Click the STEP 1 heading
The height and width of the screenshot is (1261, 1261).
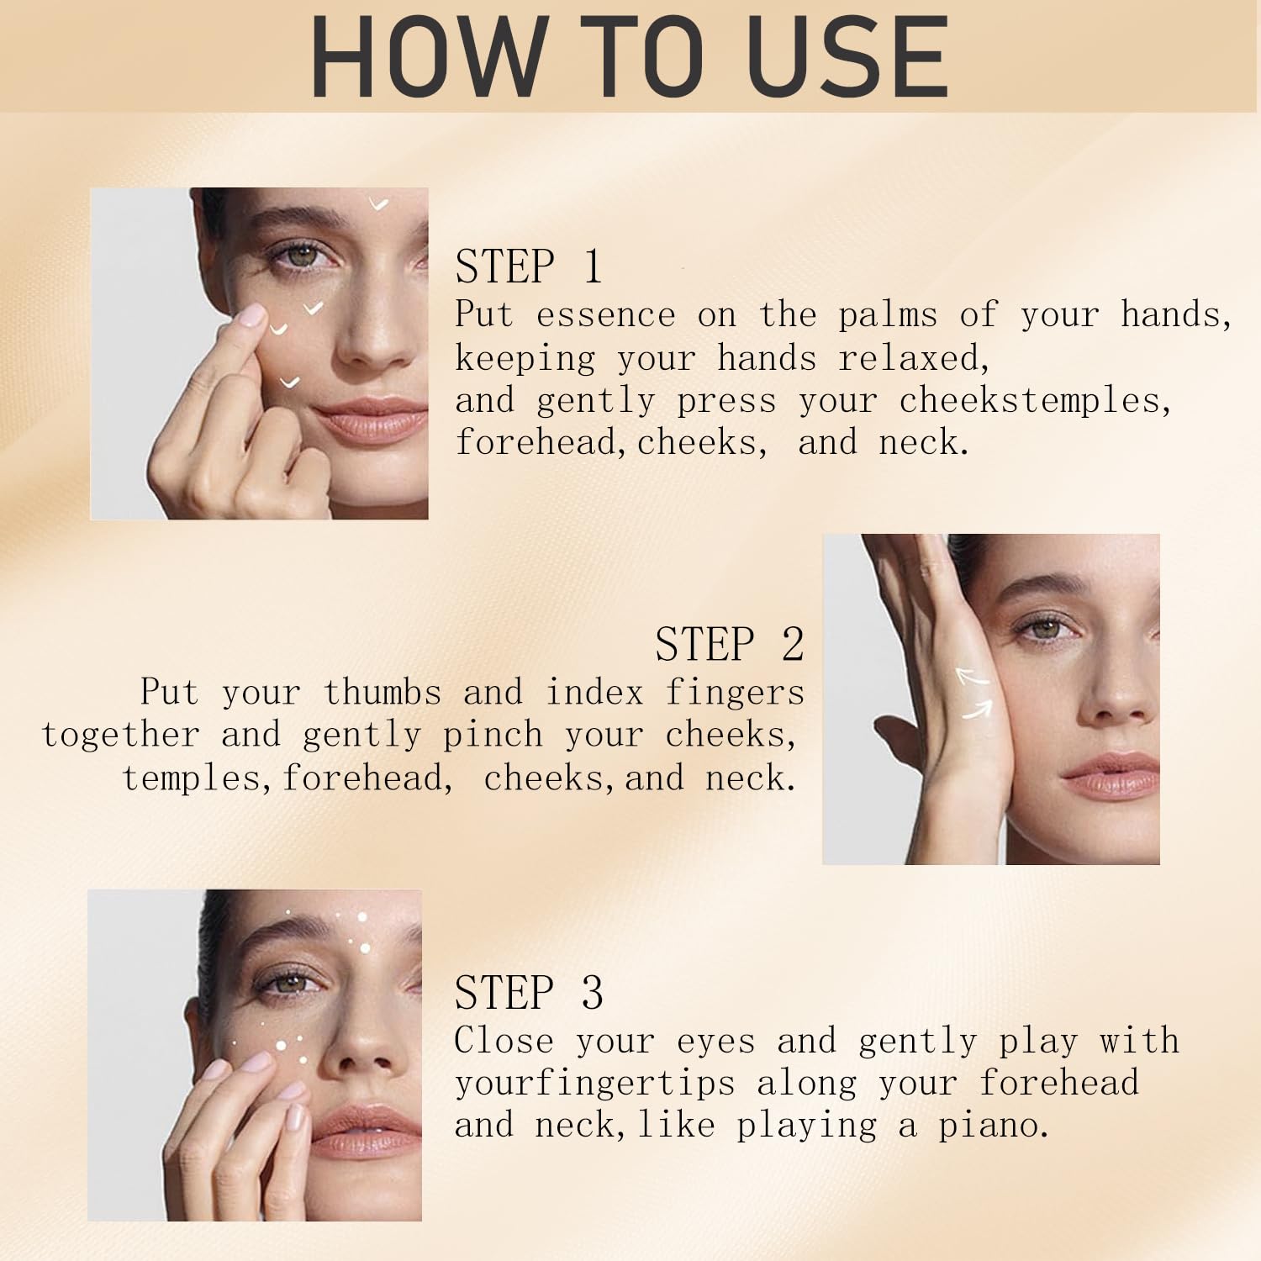click(529, 266)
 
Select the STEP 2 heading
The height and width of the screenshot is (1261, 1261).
click(730, 644)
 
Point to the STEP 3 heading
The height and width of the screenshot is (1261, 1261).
click(529, 993)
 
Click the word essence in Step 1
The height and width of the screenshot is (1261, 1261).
click(606, 315)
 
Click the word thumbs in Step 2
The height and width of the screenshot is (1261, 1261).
click(383, 693)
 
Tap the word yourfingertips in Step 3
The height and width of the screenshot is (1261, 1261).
click(594, 1084)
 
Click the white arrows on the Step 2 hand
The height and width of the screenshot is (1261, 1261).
click(975, 694)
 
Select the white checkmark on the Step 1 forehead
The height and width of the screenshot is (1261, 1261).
click(379, 203)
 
